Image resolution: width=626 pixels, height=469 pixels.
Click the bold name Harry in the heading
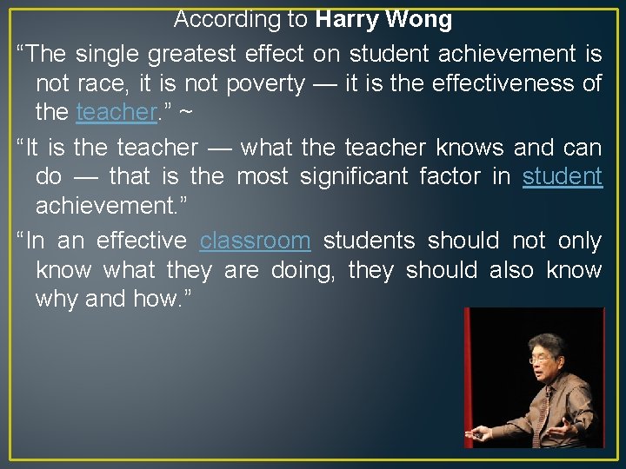(x=347, y=19)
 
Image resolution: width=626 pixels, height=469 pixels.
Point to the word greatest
(x=190, y=54)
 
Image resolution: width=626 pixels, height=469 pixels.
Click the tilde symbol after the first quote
(x=185, y=113)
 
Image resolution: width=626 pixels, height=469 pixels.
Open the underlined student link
(x=562, y=177)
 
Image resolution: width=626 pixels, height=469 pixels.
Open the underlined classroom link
(x=255, y=241)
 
